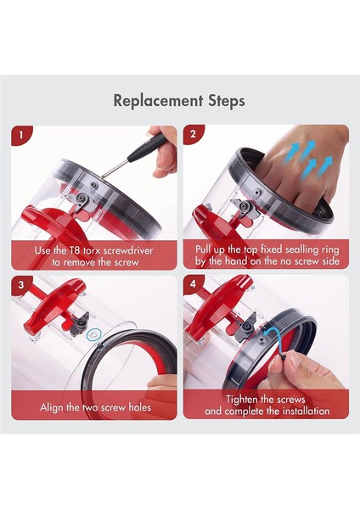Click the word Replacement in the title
point(158,101)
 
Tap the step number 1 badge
point(21,134)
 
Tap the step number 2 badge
point(194,134)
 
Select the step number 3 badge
point(21,285)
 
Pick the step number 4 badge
point(194,284)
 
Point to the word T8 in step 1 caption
point(74,250)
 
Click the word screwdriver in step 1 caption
point(128,250)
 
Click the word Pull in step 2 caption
point(203,249)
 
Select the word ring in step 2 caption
point(331,250)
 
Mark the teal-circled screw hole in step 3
point(94,333)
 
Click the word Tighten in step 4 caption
point(241,400)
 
